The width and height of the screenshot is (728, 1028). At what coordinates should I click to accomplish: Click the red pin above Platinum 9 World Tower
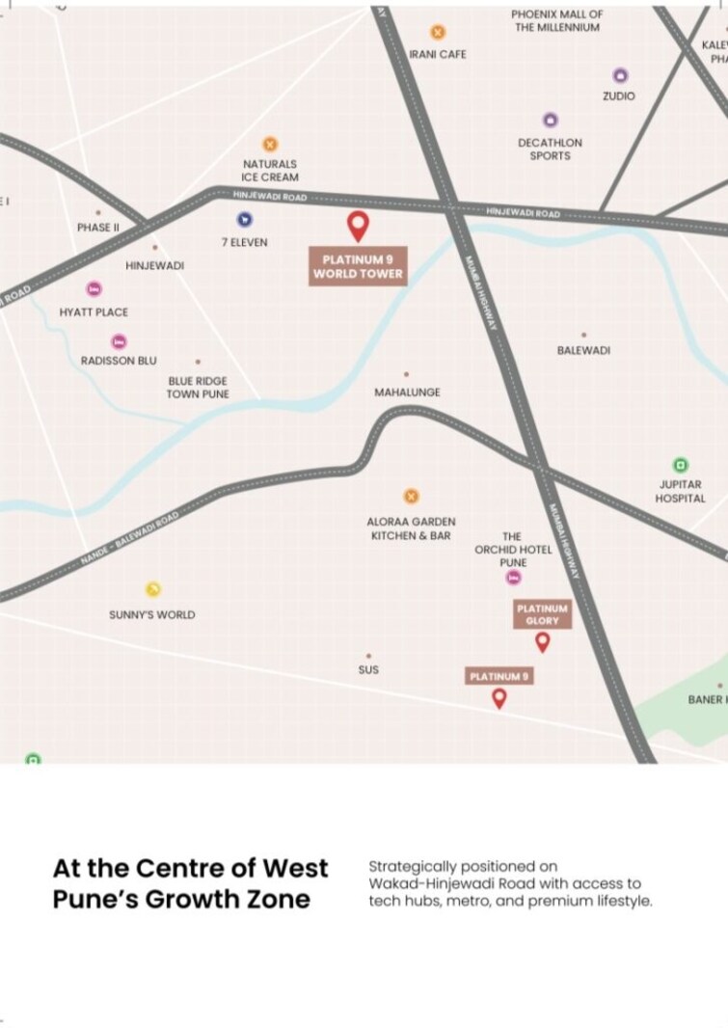358,225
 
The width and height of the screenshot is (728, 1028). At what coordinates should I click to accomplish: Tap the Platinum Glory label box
542,614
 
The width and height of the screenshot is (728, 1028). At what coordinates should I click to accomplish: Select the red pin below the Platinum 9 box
499,698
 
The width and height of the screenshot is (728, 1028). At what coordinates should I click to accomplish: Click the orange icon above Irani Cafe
438,32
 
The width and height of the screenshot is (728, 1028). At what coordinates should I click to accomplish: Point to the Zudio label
619,96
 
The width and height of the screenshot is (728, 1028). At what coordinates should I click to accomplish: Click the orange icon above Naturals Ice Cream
270,145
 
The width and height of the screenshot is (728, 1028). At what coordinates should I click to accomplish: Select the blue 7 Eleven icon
244,220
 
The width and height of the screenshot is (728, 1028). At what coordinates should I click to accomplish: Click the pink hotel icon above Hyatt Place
94,289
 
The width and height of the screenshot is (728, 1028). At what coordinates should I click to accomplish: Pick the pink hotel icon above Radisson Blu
119,341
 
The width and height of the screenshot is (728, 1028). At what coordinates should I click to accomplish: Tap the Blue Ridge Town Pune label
198,388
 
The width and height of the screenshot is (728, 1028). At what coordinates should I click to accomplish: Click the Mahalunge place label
407,392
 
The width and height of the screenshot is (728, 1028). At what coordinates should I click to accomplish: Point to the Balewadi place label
583,350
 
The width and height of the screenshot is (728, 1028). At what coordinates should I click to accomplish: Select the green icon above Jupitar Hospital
681,465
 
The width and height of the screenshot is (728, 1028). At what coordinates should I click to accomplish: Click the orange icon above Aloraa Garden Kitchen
411,497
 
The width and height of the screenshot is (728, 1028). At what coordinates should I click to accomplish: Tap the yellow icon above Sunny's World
152,590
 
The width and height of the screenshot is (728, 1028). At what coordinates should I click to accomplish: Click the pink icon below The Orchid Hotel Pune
514,578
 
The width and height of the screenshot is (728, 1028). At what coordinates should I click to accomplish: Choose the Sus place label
368,669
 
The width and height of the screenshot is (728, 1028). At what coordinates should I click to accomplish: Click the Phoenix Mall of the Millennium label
557,21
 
